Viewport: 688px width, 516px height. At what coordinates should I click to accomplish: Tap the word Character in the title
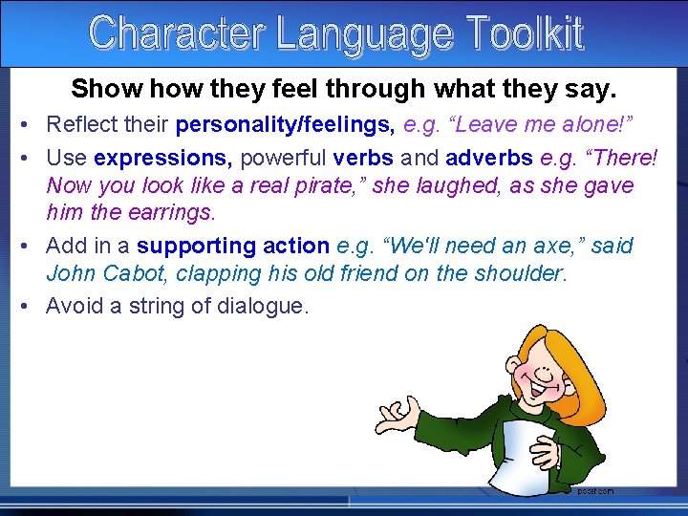[x=178, y=33]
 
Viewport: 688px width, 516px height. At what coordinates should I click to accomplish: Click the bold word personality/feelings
[x=287, y=124]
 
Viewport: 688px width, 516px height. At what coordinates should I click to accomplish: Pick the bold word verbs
[x=363, y=158]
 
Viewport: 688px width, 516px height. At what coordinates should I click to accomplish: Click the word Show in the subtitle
[x=98, y=89]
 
